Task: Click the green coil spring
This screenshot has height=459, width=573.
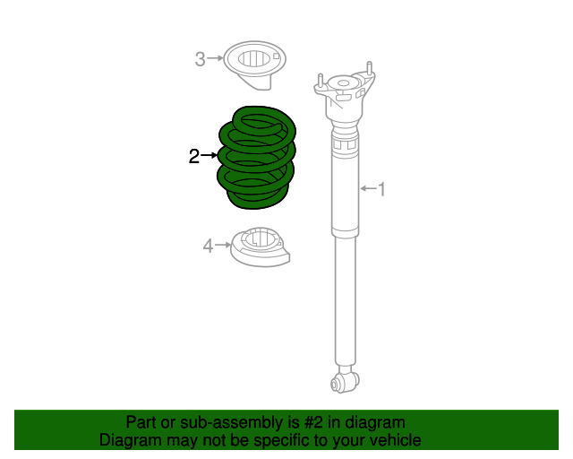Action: tap(258, 158)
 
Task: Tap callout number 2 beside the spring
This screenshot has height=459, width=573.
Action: tap(194, 157)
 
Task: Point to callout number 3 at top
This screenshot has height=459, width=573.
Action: tap(201, 60)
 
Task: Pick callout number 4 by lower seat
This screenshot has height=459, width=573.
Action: tap(207, 245)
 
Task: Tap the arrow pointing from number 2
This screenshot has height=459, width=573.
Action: tap(210, 156)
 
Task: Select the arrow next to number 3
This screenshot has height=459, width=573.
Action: tap(216, 60)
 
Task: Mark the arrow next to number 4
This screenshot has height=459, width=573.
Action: tap(223, 245)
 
